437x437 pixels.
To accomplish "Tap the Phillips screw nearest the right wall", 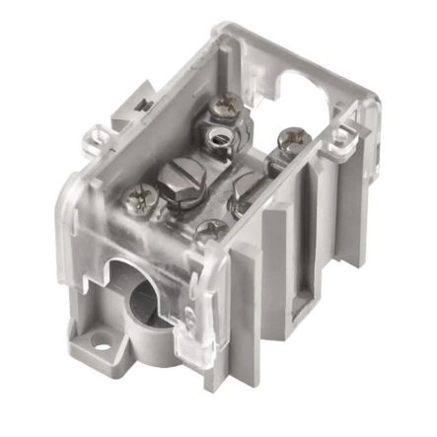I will point(290,137).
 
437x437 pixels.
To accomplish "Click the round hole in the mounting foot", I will point(99,342).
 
